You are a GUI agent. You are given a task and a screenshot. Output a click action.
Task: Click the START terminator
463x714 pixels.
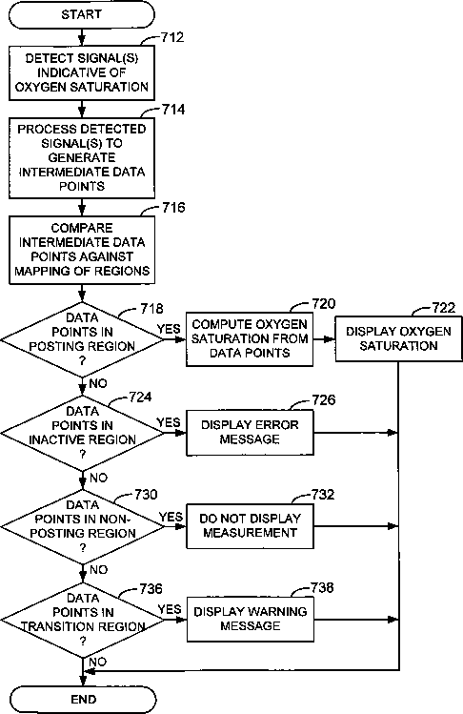click(x=82, y=14)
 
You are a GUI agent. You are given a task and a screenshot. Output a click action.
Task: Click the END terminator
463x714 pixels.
click(x=83, y=700)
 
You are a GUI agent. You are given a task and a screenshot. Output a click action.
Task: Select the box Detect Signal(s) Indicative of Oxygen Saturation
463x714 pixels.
click(x=82, y=72)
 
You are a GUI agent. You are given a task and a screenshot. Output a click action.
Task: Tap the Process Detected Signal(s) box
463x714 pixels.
click(x=82, y=157)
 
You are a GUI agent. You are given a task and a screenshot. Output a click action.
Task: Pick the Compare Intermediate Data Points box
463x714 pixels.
click(x=82, y=250)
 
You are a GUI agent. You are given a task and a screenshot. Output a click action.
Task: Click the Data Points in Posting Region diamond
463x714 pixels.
click(x=82, y=339)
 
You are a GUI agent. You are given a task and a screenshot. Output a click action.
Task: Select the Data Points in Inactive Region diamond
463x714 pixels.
click(x=82, y=433)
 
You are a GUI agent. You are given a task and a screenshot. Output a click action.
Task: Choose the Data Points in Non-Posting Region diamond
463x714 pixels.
click(x=82, y=527)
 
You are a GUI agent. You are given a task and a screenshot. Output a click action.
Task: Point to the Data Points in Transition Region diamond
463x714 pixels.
click(x=82, y=621)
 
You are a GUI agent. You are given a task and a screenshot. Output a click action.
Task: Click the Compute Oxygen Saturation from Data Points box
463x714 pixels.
click(x=250, y=339)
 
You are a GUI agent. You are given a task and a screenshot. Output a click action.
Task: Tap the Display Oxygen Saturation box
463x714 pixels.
click(x=399, y=338)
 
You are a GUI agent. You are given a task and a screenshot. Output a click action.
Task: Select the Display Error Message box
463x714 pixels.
click(x=250, y=433)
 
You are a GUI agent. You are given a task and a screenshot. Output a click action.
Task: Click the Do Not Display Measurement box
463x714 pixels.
click(x=250, y=526)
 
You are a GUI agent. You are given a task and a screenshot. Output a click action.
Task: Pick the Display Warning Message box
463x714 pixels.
click(x=250, y=620)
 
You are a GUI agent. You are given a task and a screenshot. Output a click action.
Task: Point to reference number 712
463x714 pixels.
click(x=172, y=37)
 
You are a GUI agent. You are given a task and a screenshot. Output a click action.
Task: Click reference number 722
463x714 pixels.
click(x=443, y=308)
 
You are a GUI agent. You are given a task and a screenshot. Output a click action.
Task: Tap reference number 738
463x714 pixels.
click(x=322, y=588)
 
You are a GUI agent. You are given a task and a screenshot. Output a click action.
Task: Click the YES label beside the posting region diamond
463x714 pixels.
click(x=169, y=329)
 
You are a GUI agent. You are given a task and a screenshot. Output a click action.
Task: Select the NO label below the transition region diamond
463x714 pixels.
click(x=97, y=662)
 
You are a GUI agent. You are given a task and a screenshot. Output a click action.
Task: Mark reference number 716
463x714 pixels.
click(x=173, y=208)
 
